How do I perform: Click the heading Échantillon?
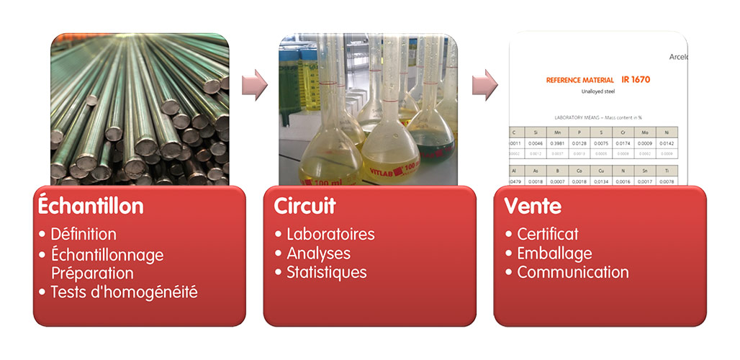[91, 206]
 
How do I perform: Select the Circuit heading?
[304, 206]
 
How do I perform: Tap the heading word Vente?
[533, 206]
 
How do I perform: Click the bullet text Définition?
[83, 234]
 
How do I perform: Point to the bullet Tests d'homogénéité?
[124, 292]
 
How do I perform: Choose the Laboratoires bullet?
[330, 234]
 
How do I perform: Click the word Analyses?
[318, 253]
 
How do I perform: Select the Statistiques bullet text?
[326, 272]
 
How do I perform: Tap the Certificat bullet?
[548, 234]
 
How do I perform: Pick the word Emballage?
[554, 253]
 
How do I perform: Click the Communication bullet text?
[573, 272]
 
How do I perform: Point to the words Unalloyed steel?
[598, 92]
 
